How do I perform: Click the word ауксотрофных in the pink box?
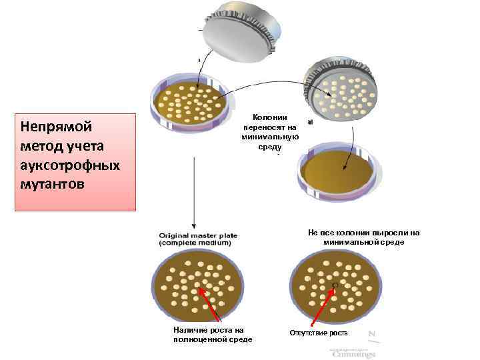click(x=70, y=165)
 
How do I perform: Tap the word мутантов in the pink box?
click(x=53, y=183)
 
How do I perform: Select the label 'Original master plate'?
click(x=195, y=235)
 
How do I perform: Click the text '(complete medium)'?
click(x=195, y=244)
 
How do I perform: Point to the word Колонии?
click(x=269, y=117)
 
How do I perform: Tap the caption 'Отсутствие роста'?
click(x=318, y=333)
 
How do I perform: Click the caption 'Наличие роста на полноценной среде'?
click(x=212, y=335)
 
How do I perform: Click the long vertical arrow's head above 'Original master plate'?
click(x=193, y=227)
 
